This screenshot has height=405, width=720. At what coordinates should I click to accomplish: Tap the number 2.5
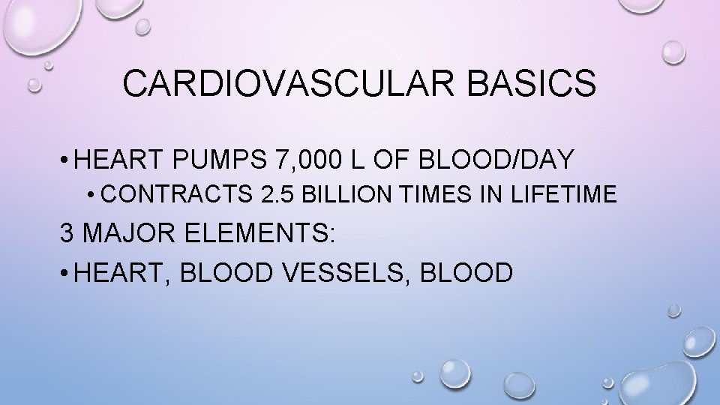click(275, 195)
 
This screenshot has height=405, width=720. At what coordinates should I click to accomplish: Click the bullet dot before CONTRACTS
click(91, 196)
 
